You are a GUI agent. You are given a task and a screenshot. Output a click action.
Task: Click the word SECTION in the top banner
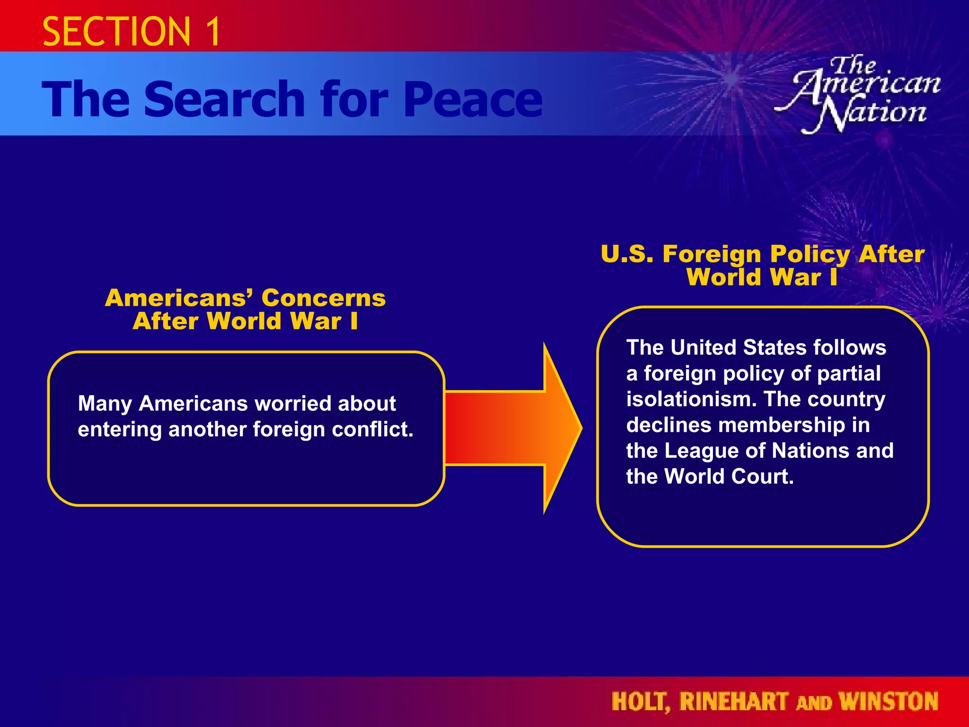pos(116,31)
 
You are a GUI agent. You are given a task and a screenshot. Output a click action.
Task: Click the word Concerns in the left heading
pos(323,298)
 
